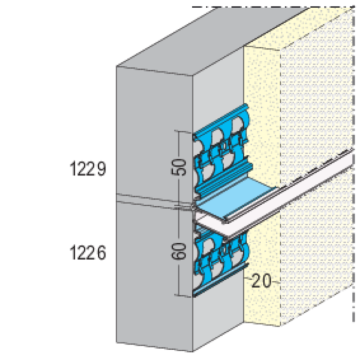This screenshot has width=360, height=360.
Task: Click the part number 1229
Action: [88, 168]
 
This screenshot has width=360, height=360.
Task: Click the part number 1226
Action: [88, 253]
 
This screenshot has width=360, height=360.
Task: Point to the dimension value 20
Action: [261, 281]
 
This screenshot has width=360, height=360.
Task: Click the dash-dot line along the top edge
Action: [267, 7]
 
